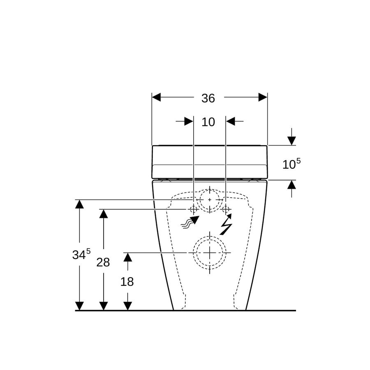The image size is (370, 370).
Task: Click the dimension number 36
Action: pos(208,98)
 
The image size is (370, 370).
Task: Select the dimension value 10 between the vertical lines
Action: pos(208,122)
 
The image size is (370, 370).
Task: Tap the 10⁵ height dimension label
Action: pos(291,163)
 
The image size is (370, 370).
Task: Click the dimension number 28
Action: pos(103,262)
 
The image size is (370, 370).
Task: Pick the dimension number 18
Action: pos(127,282)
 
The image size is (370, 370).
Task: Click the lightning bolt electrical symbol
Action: pos(226,224)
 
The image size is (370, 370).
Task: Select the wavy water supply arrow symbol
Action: pos(190,222)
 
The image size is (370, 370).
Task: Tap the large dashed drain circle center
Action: pos(210,253)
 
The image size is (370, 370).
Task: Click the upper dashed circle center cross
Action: pos(210,200)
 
